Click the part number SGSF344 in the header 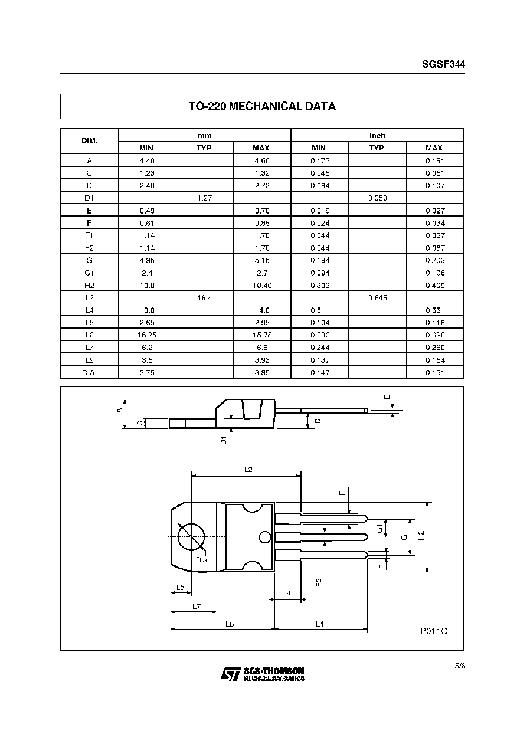pos(443,64)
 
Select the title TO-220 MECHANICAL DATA pos(262,106)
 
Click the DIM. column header pos(90,141)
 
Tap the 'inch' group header pos(377,136)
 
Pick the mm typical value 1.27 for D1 pos(204,198)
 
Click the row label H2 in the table pos(89,286)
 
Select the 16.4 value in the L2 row pos(204,298)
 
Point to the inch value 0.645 pos(378,298)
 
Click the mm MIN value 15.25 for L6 pos(147,335)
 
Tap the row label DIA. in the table pos(89,373)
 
